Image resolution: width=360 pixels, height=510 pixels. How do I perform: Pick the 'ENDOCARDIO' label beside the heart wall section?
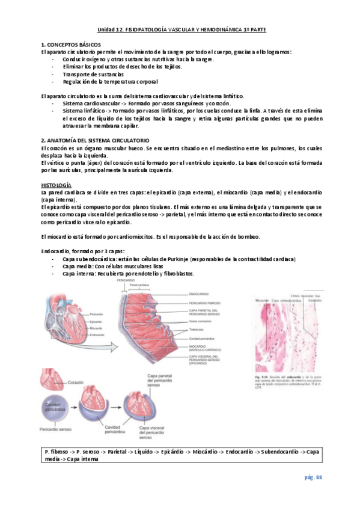pos(200,293)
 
